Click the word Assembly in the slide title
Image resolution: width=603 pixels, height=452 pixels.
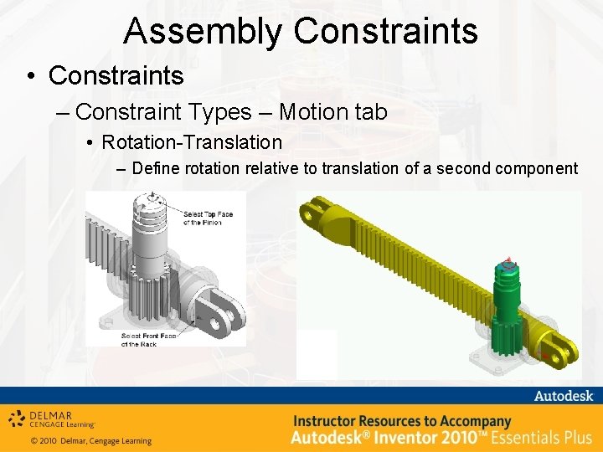tap(204, 31)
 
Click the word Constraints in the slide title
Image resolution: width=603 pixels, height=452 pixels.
tap(386, 31)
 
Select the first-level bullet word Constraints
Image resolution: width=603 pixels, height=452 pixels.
tap(116, 75)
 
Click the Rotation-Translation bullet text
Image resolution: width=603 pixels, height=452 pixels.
tap(192, 141)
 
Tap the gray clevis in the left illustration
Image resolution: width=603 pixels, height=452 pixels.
tap(218, 309)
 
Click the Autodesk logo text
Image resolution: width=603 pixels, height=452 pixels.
tap(563, 396)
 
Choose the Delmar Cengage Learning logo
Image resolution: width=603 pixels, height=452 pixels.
tap(52, 419)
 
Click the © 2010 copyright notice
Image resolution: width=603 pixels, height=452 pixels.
tap(90, 441)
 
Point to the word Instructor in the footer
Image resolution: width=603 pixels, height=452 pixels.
tap(330, 421)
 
